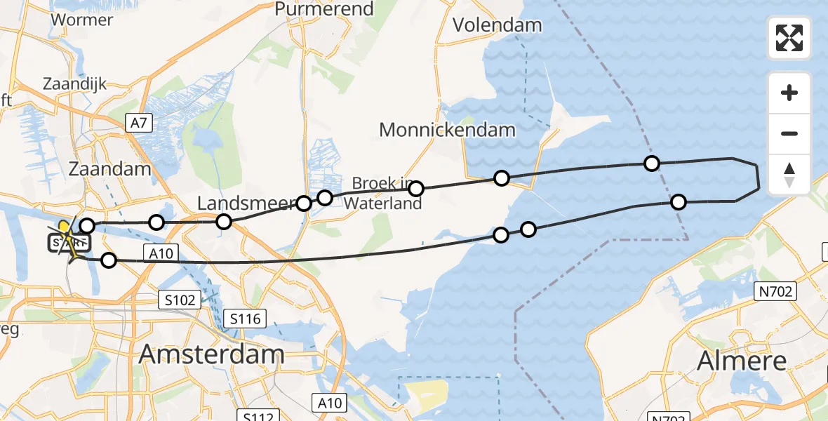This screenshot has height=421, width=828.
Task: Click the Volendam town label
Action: click(x=497, y=25)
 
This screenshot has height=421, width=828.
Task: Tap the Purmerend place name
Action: click(x=314, y=8)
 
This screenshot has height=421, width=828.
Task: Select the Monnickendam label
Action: click(x=447, y=130)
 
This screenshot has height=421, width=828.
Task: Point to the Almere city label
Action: click(x=742, y=361)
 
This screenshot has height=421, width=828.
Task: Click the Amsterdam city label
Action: click(x=211, y=354)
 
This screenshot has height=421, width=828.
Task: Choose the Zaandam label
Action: click(x=109, y=169)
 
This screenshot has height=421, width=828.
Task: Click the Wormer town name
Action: click(x=81, y=20)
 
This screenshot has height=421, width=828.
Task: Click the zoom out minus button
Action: click(x=789, y=133)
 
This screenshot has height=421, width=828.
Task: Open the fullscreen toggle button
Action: click(x=789, y=38)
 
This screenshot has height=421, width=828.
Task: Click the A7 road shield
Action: click(x=138, y=123)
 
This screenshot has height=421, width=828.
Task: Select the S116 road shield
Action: click(x=246, y=319)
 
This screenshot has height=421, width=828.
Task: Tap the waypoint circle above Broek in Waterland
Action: click(x=416, y=188)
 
